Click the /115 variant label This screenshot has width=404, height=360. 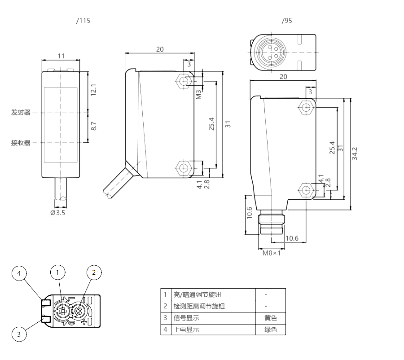(83, 21)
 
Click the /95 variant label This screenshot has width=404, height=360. (286, 21)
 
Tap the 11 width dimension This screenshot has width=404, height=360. (61, 56)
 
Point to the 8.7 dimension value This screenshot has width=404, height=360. (94, 126)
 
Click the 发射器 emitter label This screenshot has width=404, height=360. (21, 112)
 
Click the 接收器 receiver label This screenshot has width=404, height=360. (21, 143)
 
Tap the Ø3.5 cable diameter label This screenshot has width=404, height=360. (57, 212)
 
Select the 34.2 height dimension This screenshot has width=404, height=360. (355, 154)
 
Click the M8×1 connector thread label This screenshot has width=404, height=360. (272, 253)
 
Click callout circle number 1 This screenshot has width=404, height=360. (58, 272)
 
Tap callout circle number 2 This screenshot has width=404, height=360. (94, 272)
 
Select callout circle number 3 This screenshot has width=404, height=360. (19, 334)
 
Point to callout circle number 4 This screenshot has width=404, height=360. (19, 273)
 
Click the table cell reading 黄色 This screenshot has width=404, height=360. (271, 318)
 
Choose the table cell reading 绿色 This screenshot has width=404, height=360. (271, 329)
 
